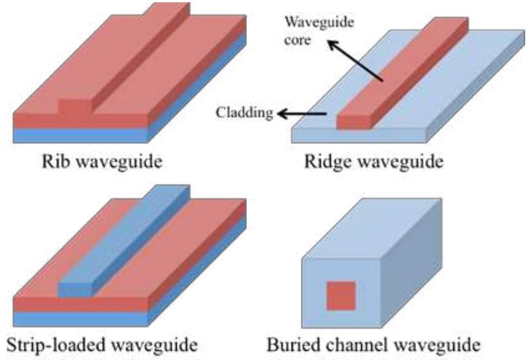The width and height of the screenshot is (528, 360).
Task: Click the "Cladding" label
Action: [x=245, y=113]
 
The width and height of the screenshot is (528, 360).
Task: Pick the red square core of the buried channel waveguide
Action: [x=341, y=295]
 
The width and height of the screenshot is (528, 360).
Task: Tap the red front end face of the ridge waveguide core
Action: [x=357, y=121]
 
